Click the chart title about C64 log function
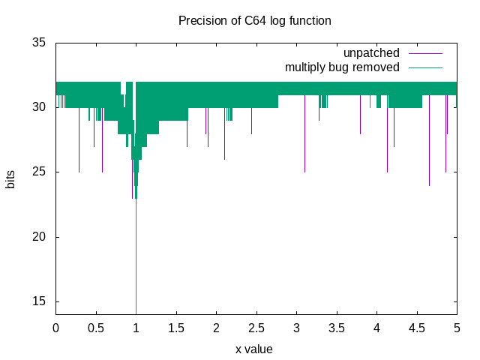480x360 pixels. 254,20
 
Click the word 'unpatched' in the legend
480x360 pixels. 371,53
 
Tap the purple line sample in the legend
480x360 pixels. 425,53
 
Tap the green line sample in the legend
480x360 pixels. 425,67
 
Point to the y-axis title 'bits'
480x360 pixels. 10,178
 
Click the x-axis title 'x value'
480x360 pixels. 254,349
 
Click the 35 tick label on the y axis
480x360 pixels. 38,43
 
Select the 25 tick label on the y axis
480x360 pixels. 38,172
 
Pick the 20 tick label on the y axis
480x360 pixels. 38,237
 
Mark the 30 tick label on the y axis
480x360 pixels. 38,107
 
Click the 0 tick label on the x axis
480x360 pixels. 55,328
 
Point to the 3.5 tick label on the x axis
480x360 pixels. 337,328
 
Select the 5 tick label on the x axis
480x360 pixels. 457,328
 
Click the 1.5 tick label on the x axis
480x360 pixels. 176,328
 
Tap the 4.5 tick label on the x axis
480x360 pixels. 417,328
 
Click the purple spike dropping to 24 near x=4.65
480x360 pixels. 429,150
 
